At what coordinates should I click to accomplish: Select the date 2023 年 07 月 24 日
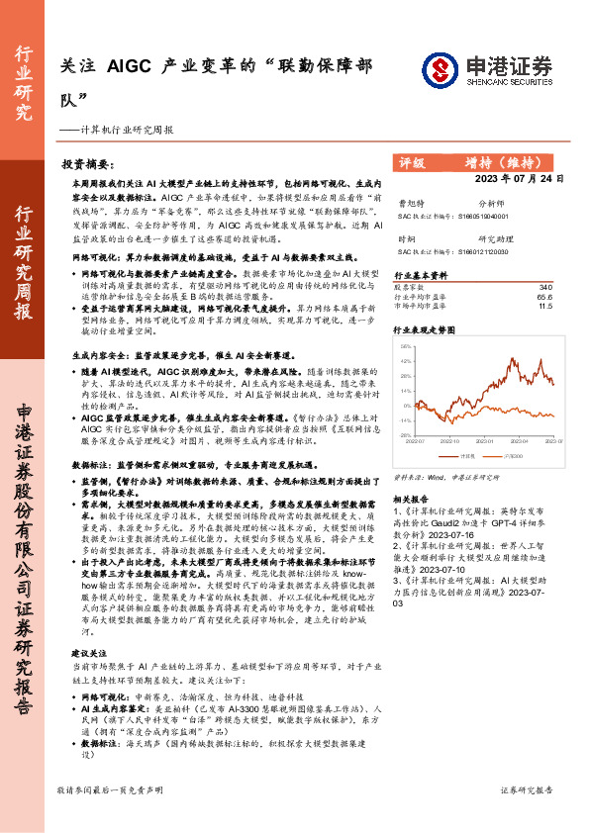519,179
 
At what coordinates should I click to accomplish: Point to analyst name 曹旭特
408,202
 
